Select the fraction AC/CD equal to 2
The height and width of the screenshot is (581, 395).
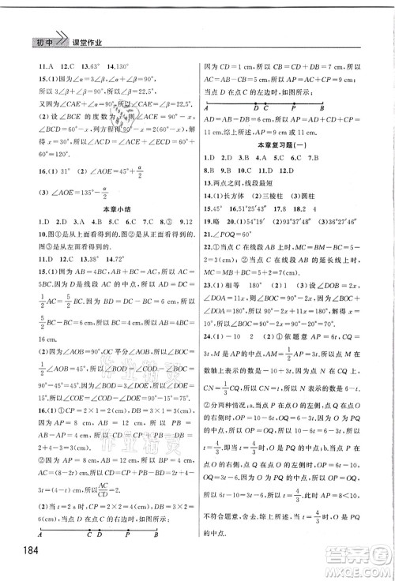pyautogui.click(x=124, y=486)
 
